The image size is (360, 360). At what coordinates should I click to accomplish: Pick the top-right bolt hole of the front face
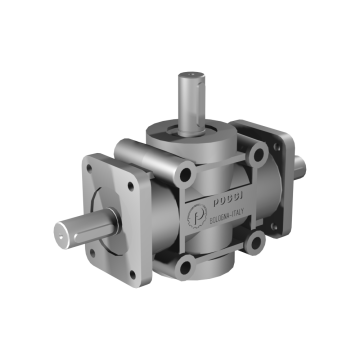click(259, 155)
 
